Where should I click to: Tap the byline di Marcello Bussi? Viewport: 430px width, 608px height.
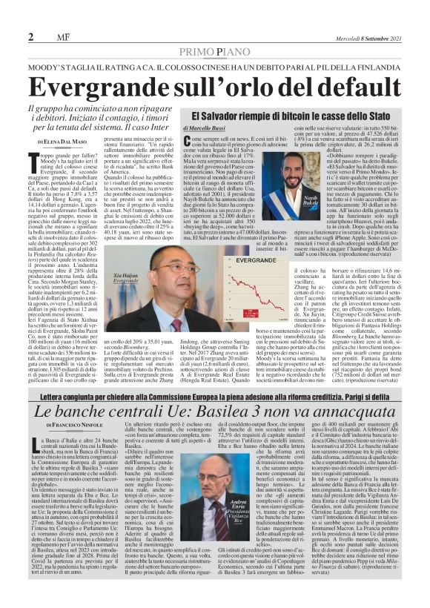pos(211,130)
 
